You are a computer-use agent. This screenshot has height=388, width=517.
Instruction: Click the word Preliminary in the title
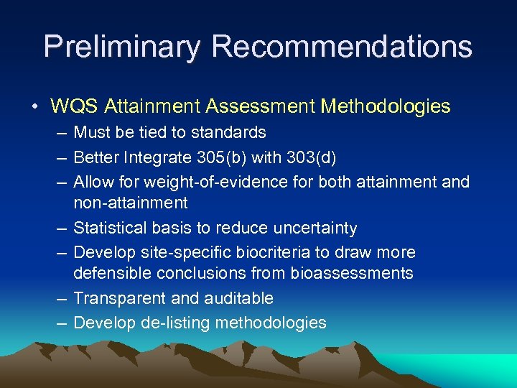(122, 47)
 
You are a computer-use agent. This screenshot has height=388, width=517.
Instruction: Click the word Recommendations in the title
(342, 47)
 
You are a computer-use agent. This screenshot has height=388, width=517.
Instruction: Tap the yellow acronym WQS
(75, 107)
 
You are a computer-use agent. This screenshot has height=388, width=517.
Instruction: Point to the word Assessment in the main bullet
(259, 107)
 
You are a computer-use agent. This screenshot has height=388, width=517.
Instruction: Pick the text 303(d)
(319, 157)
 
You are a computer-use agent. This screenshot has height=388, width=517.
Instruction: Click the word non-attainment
(131, 203)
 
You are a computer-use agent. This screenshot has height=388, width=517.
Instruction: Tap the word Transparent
(116, 298)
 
